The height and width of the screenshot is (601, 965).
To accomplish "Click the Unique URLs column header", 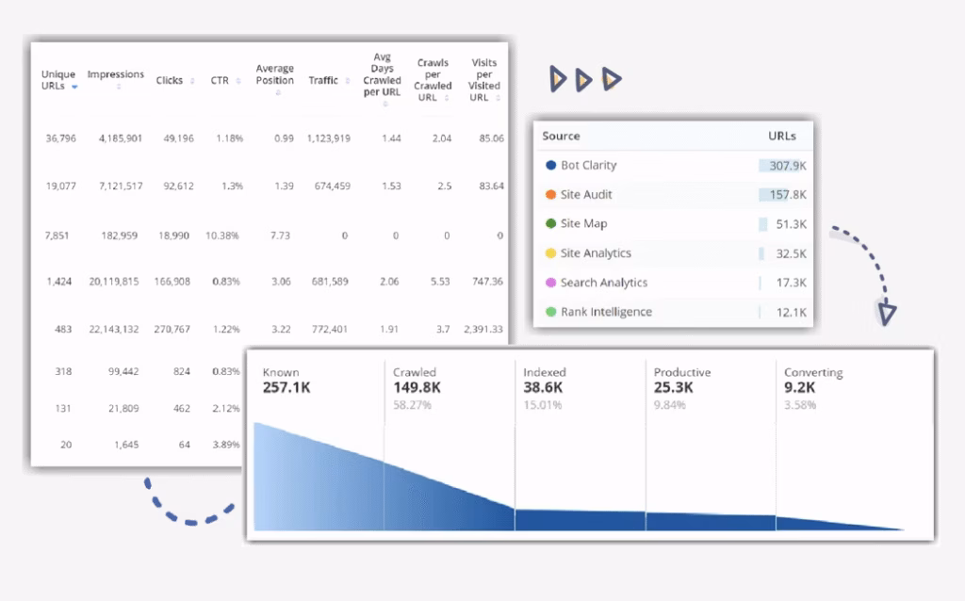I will point(58,80).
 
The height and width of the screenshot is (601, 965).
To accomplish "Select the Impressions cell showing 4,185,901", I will point(120,138).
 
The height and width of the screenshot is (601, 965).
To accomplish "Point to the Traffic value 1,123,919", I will point(328,138).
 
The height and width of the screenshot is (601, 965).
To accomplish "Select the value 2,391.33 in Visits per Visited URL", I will point(482,330).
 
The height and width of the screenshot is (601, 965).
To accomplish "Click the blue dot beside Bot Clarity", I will point(550,166).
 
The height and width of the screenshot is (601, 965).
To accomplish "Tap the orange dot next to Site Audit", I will point(550,195).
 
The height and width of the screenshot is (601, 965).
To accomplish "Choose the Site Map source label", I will point(583,224).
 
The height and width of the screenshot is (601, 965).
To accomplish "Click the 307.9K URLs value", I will point(788,166).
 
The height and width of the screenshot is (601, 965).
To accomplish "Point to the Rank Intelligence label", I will point(606,312).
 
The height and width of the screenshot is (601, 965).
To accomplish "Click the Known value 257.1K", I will point(286,388).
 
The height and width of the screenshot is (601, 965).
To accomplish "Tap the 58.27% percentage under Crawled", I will point(411,406).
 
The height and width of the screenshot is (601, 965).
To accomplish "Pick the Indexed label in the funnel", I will point(545,373).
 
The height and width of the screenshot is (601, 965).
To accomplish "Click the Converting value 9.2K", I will point(801,388).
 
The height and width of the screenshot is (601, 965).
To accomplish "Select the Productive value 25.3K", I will point(674,388).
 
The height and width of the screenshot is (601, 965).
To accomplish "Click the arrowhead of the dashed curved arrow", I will point(887,314).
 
